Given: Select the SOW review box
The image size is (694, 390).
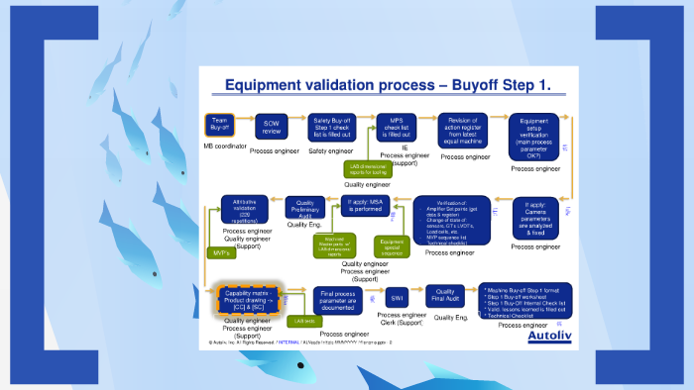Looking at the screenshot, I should click(272, 127).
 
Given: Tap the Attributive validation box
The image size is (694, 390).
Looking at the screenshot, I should click(245, 209).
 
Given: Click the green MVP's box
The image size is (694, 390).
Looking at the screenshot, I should click(222, 253).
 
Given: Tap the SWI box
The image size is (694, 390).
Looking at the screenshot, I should click(397, 296).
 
